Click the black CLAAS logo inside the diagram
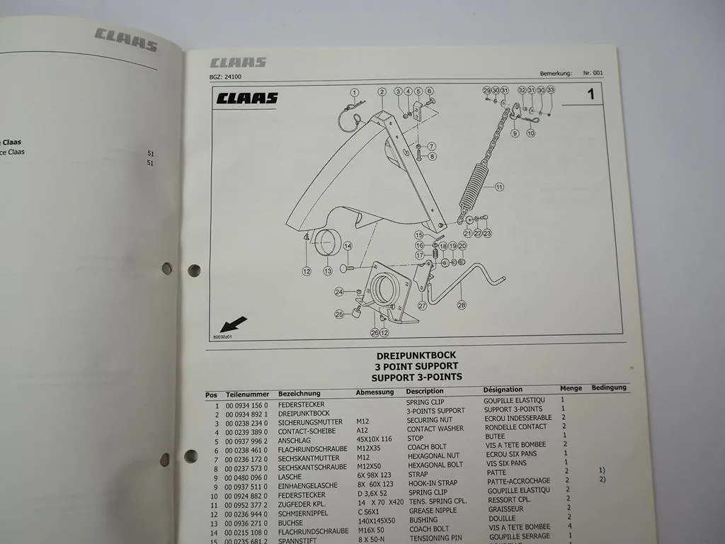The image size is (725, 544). coord(247,98)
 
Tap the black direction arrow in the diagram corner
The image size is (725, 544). coord(234,324)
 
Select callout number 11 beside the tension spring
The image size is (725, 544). coord(499,187)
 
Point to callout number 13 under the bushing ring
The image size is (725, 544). coord(328,270)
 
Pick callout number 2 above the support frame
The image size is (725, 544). coord(382,91)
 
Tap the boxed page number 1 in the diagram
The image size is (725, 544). coord(591,93)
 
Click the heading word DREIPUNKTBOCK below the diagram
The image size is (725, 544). coord(416,356)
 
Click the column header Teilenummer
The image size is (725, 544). coord(247,394)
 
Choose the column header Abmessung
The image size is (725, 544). coord(375,392)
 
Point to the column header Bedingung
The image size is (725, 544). coord(609,387)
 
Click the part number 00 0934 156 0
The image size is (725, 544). coord(247,404)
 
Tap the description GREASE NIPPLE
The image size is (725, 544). coord(433,510)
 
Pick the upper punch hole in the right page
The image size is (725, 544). coord(194,270)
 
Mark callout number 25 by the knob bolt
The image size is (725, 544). coord(339,314)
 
